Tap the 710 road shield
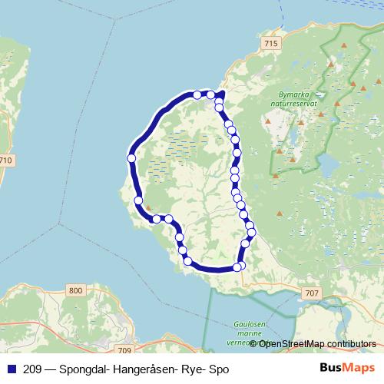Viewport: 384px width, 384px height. coord(7,160)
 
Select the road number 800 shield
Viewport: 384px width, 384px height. coord(74,290)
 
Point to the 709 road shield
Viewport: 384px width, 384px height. coord(126,350)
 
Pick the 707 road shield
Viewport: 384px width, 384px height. coord(311,293)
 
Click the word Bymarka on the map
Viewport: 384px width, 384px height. coord(288,94)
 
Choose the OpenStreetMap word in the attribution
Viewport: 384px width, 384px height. coord(293,343)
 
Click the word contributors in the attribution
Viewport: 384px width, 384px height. coord(351,343)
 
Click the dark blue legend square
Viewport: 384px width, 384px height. coord(10,369)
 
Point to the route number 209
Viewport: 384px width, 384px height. coord(33,369)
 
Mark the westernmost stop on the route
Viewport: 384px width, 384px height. coord(131,158)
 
